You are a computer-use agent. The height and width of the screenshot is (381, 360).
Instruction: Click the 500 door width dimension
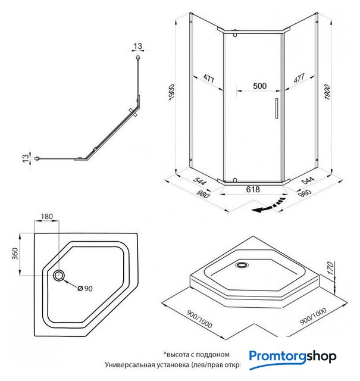point(259,85)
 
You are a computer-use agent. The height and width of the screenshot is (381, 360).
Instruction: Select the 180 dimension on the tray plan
point(48,217)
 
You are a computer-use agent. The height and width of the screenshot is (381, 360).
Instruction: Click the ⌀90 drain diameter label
point(86,289)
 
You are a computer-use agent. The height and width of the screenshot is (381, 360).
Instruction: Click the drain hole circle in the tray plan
point(60,275)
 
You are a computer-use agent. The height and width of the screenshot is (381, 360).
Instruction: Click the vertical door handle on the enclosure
point(276,110)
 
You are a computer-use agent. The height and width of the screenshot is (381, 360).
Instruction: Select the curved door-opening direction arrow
point(268,205)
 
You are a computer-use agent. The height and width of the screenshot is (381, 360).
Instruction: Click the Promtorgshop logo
point(293,357)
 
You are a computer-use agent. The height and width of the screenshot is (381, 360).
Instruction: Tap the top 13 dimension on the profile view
point(138,46)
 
